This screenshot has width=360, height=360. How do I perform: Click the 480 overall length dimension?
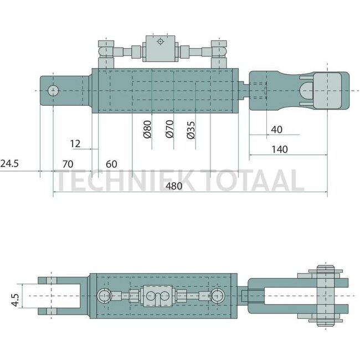coord(174,187)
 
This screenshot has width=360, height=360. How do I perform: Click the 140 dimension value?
coord(279,150)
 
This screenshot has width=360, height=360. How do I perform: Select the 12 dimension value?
coord(76,143)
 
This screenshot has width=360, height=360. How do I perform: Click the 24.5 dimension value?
coord(9,164)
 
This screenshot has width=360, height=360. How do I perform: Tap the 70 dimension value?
coord(68,164)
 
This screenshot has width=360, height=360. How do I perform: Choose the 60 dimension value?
coord(111,164)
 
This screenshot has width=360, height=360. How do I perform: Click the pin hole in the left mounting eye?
coord(54,90)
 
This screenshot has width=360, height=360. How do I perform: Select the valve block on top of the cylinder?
coord(160,48)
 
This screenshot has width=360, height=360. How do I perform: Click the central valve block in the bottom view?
coord(159,296)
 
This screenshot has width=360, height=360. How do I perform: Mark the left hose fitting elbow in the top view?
coord(105,52)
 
